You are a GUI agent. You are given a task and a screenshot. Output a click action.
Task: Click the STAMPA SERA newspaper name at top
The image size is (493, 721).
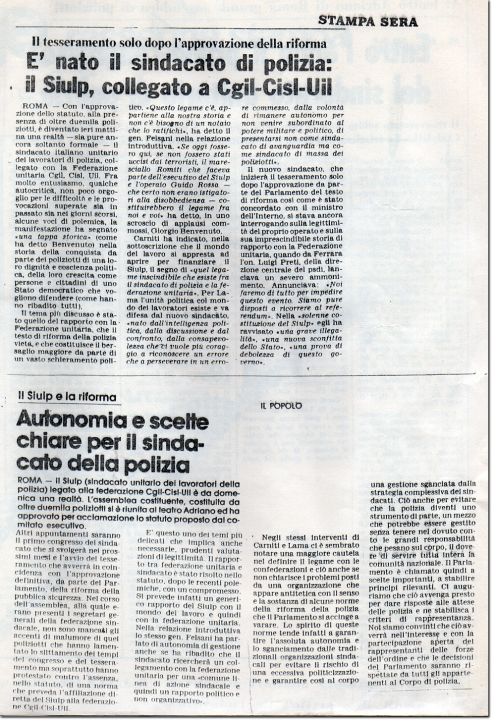point(368,21)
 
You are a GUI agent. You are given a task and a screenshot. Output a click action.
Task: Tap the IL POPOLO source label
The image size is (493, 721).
point(281,406)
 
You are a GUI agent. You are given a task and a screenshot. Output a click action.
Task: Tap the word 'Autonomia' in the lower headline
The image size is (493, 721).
point(69,421)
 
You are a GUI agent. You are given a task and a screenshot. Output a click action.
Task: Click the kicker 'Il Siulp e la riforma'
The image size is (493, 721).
point(67,397)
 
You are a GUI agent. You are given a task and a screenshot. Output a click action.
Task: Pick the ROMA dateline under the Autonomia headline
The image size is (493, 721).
point(30,481)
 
